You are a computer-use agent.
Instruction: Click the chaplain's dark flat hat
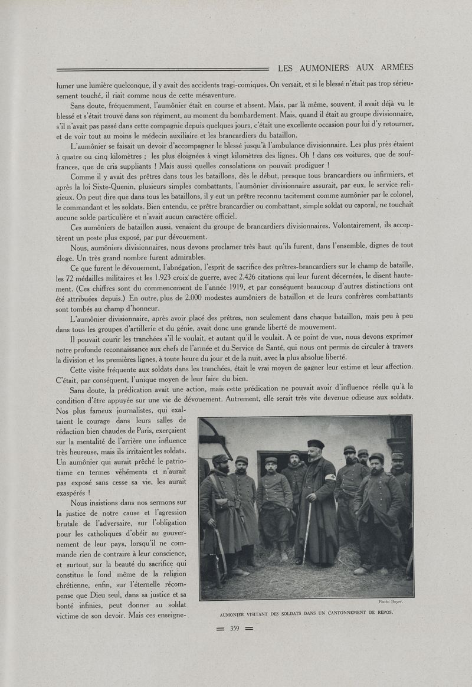316,444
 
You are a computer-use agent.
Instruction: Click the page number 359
234,628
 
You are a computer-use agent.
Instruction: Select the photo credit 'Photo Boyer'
390,601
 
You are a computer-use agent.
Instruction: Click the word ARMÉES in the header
394,67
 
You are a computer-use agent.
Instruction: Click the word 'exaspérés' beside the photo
72,492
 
